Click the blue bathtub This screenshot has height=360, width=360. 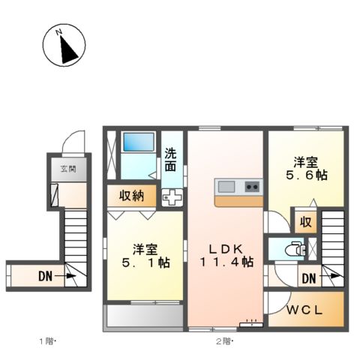(x=138, y=145)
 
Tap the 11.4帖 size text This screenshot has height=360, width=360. (x=226, y=262)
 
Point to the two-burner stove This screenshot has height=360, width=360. (x=251, y=186)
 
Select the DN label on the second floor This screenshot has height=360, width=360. (x=307, y=279)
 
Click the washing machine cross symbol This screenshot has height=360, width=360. (x=172, y=198)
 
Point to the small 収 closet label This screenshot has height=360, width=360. (x=305, y=221)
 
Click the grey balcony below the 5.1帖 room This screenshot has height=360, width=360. (x=144, y=315)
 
